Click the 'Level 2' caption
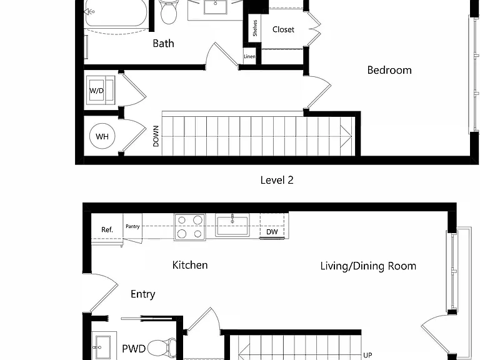(277, 180)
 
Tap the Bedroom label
(389, 70)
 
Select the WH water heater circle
(102, 136)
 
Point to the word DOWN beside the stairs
(156, 136)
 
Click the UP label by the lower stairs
(367, 355)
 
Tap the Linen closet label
(249, 56)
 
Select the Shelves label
(255, 28)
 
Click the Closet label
(283, 29)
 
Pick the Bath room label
(164, 44)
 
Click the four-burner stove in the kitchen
(190, 227)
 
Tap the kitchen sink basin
(232, 225)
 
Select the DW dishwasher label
(272, 232)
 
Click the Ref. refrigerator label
(107, 229)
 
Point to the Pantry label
(132, 226)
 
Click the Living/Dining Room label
(368, 266)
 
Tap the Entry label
(142, 294)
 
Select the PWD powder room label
(134, 349)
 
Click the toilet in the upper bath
(168, 12)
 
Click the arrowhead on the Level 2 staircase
(346, 136)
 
